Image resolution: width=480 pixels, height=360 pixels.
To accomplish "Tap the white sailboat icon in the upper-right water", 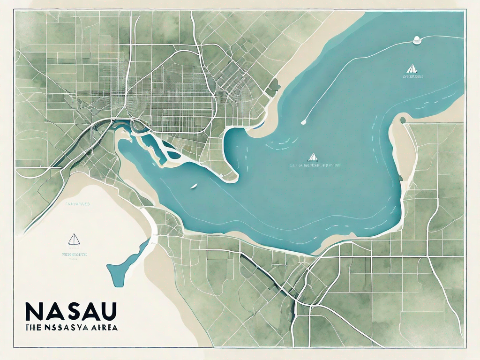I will point(412,68).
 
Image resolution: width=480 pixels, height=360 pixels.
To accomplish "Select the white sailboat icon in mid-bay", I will point(312,157).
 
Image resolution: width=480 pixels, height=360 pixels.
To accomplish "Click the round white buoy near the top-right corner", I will point(415,42).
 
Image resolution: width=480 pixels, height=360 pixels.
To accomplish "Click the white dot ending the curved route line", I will point(303,123).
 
